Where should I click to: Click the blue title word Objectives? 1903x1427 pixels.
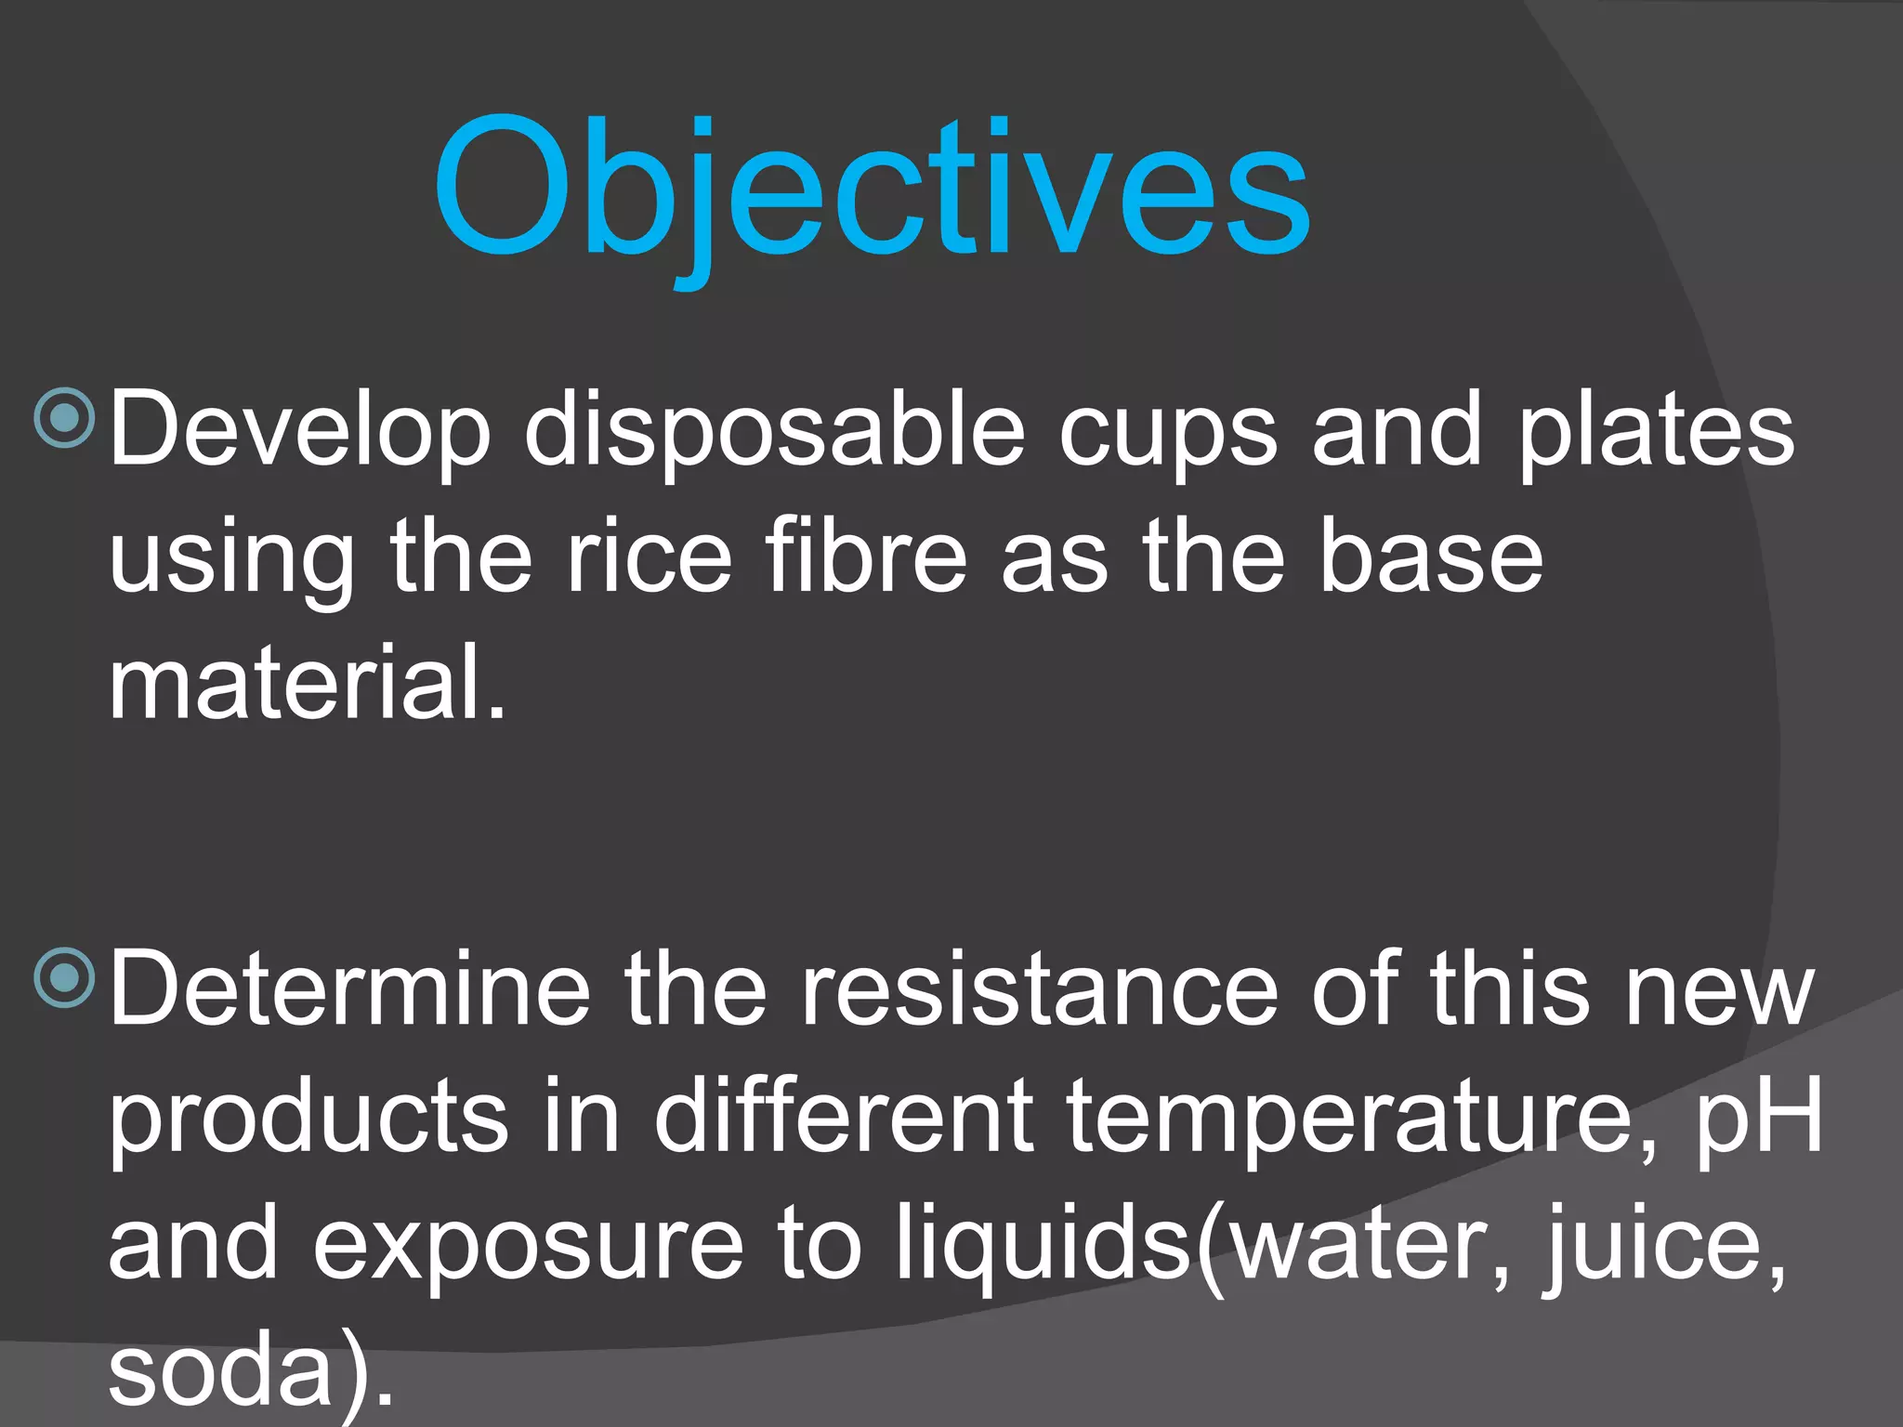(871, 190)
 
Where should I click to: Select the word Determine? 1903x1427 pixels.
(349, 990)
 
